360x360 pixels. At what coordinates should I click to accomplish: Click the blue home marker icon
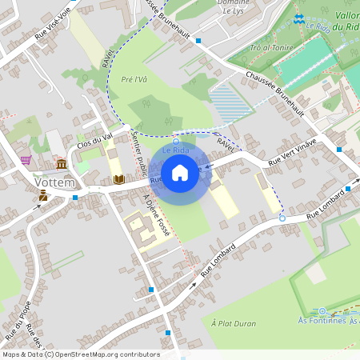click(180, 173)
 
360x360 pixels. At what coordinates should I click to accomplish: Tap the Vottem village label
click(54, 182)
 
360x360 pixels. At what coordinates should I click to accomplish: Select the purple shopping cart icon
click(26, 159)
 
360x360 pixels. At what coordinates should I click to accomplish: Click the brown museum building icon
click(62, 165)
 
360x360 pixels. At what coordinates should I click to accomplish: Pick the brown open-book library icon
click(118, 179)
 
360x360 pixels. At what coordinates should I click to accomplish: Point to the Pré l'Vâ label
click(134, 79)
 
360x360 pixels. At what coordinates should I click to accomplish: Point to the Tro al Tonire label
click(270, 47)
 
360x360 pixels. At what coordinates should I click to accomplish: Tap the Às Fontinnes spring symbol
click(322, 311)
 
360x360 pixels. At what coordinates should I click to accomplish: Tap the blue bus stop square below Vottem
click(75, 197)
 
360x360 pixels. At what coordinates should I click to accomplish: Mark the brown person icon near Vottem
click(42, 195)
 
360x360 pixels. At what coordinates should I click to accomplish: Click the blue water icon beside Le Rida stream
click(298, 18)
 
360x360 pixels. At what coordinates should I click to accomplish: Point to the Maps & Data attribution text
click(80, 354)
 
